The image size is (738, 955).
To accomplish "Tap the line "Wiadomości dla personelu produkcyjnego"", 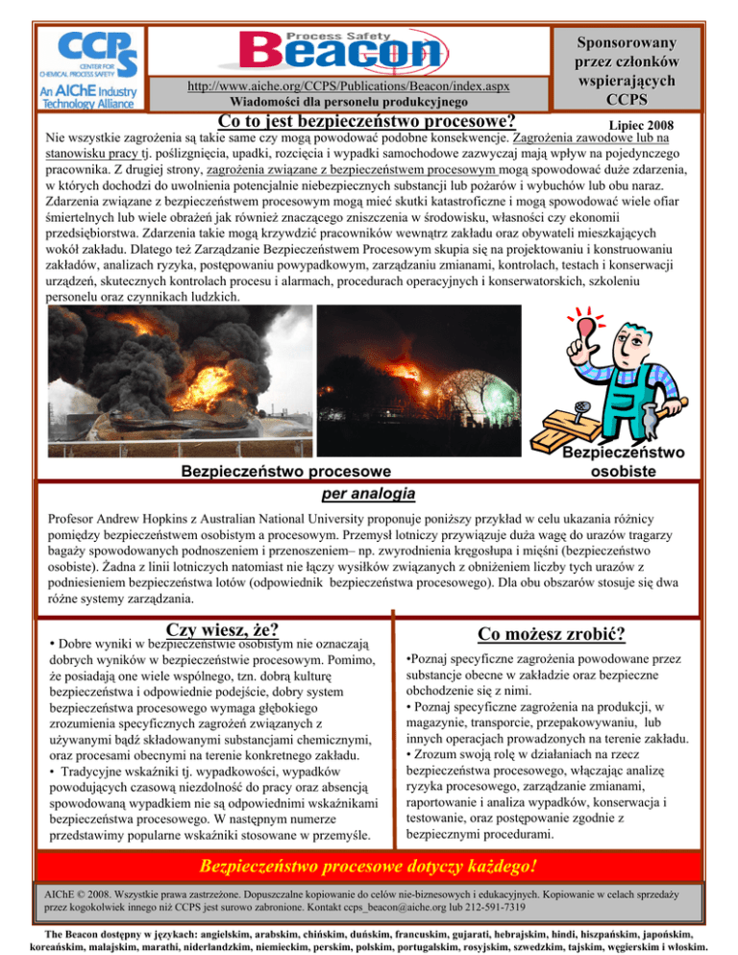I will tap(350, 102).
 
